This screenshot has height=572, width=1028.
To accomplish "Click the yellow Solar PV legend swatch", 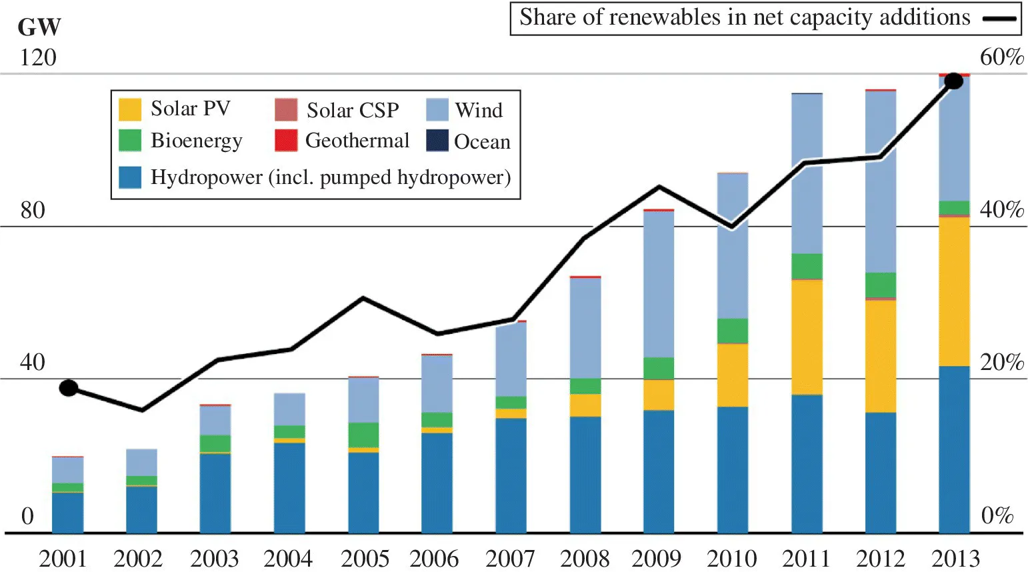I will [x=130, y=109].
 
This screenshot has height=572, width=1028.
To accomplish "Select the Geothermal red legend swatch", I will [x=286, y=140].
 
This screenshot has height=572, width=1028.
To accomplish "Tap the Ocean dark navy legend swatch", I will [x=437, y=141].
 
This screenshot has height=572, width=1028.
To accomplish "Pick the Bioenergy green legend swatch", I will [x=130, y=140].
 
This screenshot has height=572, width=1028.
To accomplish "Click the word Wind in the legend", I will [x=479, y=110].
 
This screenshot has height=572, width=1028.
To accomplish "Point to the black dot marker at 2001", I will [x=69, y=388].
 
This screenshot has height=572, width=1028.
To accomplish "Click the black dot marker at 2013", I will [x=954, y=81].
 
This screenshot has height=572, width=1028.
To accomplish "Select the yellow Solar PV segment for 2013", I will [x=954, y=291].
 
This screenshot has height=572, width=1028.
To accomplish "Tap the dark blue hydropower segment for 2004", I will [x=289, y=487].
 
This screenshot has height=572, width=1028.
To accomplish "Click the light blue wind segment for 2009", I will [x=659, y=284].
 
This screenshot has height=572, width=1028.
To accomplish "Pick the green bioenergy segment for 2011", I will [x=807, y=266].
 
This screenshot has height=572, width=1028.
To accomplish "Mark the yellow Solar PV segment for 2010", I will [x=733, y=375].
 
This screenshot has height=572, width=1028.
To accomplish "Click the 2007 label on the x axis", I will [x=510, y=558].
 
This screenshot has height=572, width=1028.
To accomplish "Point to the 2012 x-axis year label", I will [x=880, y=558].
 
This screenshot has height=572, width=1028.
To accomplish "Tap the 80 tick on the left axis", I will [x=33, y=211].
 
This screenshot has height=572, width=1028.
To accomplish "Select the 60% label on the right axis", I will [x=1001, y=57].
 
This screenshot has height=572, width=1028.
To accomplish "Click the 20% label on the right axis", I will [x=1001, y=363].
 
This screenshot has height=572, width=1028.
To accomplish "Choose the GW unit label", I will [x=39, y=27].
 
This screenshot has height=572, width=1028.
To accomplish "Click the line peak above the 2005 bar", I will [x=363, y=298].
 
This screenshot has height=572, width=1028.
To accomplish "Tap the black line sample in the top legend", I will [x=999, y=19].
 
